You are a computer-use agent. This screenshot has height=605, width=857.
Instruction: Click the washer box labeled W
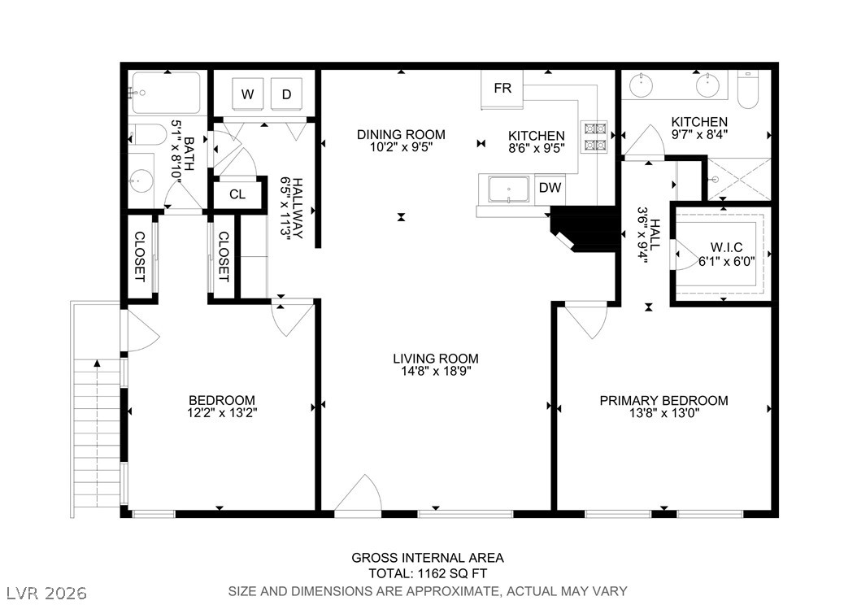(x=247, y=94)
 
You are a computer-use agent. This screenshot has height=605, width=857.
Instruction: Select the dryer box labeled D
(x=286, y=94)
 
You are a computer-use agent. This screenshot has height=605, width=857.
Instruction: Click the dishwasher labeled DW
(x=550, y=188)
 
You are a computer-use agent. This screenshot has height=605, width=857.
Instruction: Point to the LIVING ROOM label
(x=436, y=358)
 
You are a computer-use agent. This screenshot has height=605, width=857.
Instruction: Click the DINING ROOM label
(x=401, y=134)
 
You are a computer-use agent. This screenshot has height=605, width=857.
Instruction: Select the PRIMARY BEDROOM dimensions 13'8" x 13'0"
(x=663, y=413)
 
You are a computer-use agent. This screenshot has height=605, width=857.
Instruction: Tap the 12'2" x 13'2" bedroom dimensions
(x=222, y=413)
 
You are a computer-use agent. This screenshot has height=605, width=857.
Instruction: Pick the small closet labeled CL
(x=237, y=194)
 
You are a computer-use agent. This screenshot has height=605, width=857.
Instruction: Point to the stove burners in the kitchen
(x=594, y=137)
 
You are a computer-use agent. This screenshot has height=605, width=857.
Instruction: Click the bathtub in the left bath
(x=166, y=93)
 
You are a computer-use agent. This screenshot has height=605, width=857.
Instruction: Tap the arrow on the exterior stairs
(x=97, y=364)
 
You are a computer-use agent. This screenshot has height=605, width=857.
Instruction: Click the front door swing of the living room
(x=359, y=496)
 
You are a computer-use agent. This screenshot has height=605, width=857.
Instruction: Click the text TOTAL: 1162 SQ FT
(x=427, y=574)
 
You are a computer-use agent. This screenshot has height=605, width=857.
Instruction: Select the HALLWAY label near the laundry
(x=291, y=207)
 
